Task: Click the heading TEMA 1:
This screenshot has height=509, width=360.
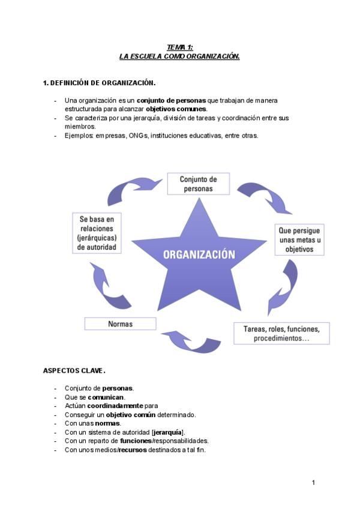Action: (180, 47)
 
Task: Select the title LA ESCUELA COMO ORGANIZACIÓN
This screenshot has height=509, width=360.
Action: (180, 56)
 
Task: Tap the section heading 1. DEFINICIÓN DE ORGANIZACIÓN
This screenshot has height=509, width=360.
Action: (100, 83)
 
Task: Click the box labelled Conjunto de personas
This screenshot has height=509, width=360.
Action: (198, 184)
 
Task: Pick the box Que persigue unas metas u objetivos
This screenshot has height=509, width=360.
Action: (299, 239)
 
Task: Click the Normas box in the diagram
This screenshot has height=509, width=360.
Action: (120, 324)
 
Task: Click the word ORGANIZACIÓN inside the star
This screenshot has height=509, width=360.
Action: (199, 254)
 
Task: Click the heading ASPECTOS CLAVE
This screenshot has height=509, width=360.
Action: (74, 370)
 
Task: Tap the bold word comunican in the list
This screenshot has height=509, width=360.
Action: (106, 397)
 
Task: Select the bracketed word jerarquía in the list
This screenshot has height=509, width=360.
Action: (168, 432)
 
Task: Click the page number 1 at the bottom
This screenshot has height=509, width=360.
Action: (313, 482)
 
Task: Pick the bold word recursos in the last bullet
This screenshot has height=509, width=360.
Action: (133, 449)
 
